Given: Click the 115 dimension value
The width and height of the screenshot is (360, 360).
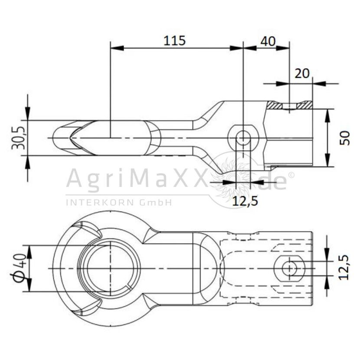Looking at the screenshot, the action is coord(174,41).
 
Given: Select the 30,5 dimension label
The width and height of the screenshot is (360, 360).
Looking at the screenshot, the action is coord(19,137).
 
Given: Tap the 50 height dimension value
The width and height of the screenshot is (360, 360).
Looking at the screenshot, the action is coord(345,138).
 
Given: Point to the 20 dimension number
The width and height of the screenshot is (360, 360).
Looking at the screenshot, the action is coord(302,73).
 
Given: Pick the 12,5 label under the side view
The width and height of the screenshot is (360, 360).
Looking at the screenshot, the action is coord(245,201).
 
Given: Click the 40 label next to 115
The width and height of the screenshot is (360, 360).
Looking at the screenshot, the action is coord(268,41).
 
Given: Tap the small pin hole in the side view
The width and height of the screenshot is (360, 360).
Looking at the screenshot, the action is coord(243,138).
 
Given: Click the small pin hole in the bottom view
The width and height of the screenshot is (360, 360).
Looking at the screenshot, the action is coord(290,268).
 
